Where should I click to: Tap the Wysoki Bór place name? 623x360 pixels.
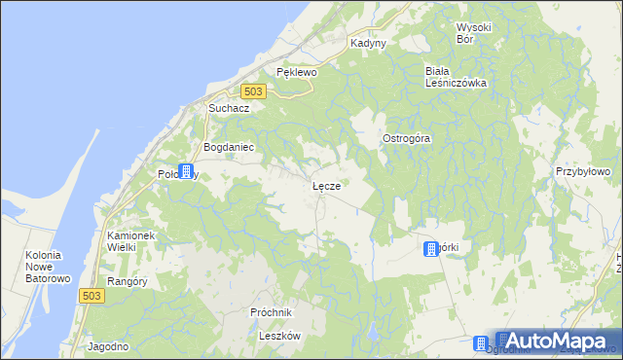[477, 32]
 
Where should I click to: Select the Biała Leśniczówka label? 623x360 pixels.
[455, 77]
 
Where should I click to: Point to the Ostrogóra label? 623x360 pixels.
[406, 138]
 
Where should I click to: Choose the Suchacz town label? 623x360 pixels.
[229, 108]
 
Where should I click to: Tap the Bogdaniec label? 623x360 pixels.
[228, 147]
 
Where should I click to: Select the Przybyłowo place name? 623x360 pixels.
[582, 171]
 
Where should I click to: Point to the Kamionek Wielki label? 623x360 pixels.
[135, 241]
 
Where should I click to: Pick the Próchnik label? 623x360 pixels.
[271, 312]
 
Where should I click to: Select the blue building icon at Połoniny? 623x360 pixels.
[185, 171]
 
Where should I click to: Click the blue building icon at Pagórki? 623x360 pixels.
[430, 250]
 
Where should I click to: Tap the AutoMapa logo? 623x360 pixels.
[554, 342]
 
